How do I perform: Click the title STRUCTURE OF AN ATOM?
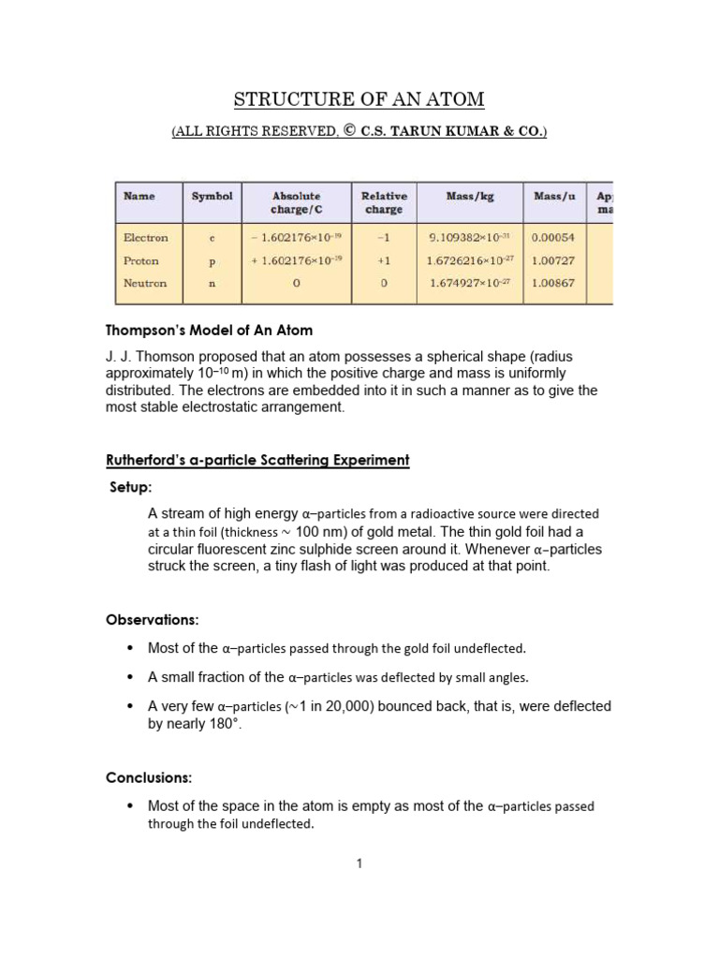tap(359, 99)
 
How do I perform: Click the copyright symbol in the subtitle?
tap(347, 132)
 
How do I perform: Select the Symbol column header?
tap(212, 196)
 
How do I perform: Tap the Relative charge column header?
tap(384, 202)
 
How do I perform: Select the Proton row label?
tap(140, 260)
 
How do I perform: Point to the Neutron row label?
tap(144, 283)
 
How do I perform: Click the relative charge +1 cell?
tap(384, 260)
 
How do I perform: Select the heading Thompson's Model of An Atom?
tap(209, 331)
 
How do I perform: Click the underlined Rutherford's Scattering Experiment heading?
tap(257, 460)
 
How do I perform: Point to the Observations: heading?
tap(152, 620)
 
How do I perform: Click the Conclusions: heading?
tap(149, 777)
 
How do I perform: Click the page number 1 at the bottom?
tap(359, 863)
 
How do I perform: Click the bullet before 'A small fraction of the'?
tap(129, 677)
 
